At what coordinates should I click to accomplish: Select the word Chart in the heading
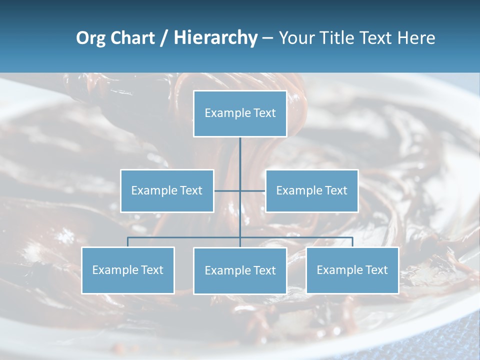point(133,38)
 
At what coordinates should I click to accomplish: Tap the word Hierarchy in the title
point(215,38)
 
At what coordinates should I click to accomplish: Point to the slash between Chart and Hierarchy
point(164,38)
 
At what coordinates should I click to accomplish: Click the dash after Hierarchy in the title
point(267,38)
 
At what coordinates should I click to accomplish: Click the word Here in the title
point(416,38)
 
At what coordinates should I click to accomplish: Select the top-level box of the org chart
point(240,113)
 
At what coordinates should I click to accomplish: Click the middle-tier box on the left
point(167,190)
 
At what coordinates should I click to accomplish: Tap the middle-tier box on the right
point(312,190)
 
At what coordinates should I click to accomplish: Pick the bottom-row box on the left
point(128,270)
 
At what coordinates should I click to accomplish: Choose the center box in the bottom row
point(240,270)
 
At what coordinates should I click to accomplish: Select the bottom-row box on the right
point(352,270)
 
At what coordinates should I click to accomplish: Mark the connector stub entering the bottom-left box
point(128,242)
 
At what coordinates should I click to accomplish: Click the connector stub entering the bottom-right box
point(352,242)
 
